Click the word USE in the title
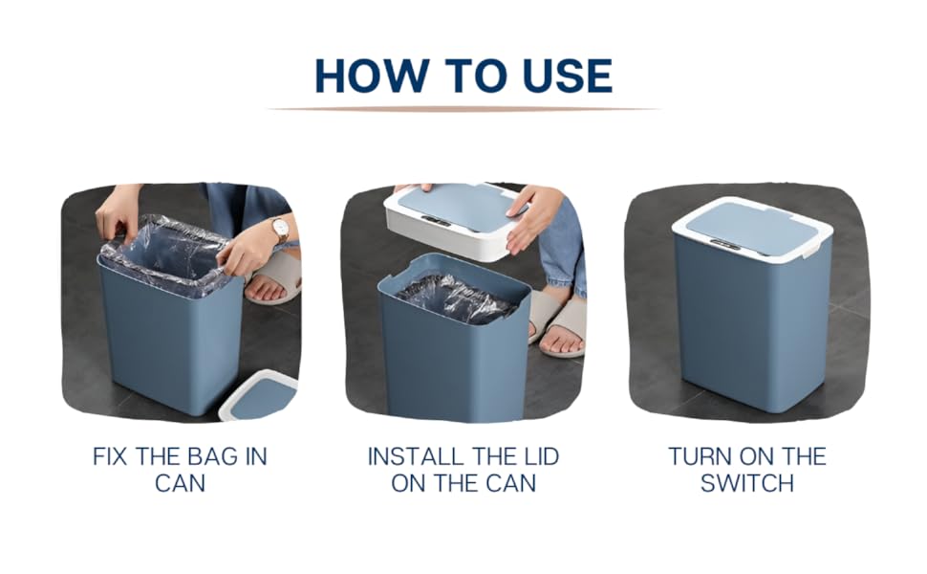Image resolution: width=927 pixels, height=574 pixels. tap(567, 76)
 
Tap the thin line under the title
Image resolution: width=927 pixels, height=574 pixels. tap(463, 109)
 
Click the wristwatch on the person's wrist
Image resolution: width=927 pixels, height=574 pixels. tap(280, 229)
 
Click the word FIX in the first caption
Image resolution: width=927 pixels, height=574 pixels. tap(113, 455)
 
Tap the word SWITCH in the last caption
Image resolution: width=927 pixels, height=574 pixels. tap(746, 482)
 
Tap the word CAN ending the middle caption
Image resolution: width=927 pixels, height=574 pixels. tap(513, 482)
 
